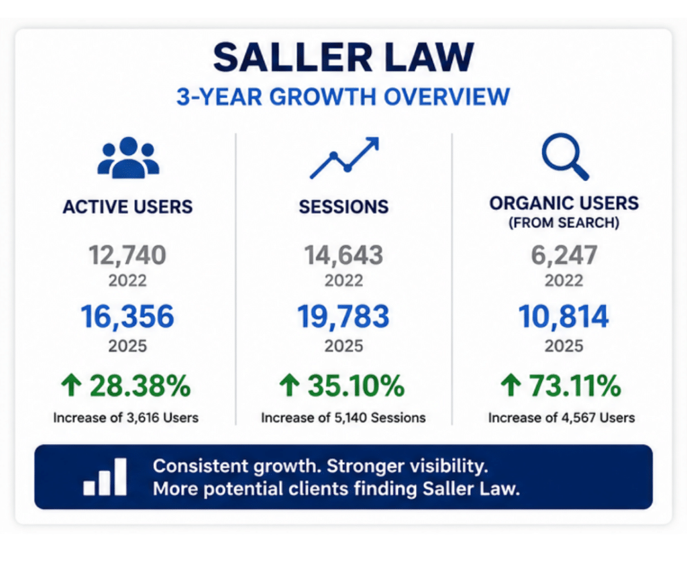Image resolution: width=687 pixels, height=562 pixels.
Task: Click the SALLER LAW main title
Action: click(343, 58)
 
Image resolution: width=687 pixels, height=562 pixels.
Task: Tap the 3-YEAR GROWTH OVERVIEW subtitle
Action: click(343, 97)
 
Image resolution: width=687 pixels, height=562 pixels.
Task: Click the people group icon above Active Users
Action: click(128, 158)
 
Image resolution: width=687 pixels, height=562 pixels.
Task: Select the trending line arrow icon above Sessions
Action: click(344, 158)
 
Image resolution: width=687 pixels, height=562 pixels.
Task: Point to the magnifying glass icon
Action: click(565, 157)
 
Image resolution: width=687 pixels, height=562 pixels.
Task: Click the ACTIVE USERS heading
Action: click(127, 207)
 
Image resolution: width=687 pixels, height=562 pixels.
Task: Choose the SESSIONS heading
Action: click(344, 207)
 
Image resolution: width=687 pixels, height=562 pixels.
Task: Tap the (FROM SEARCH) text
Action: click(564, 223)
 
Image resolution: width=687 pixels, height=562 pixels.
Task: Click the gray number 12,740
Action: click(127, 255)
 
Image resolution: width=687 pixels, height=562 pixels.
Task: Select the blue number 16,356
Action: click(127, 317)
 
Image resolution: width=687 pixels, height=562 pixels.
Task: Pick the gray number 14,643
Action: click(344, 255)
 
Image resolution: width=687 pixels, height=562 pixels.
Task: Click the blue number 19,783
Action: click(343, 317)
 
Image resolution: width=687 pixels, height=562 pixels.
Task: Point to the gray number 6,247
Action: click(564, 255)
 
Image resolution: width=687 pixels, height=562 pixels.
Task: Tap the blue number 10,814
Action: click(564, 317)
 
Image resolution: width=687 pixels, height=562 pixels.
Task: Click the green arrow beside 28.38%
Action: click(71, 385)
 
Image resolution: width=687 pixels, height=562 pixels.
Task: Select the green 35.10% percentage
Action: click(356, 386)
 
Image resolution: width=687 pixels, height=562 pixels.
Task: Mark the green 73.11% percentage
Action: click(575, 386)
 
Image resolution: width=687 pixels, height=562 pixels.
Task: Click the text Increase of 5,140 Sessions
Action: click(343, 418)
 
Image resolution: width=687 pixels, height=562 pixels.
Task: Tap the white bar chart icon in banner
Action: click(105, 477)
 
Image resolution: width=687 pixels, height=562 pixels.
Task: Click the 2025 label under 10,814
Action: click(564, 346)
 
